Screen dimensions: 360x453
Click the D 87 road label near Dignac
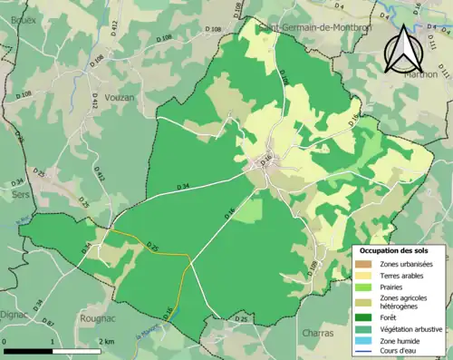tap(49, 324)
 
